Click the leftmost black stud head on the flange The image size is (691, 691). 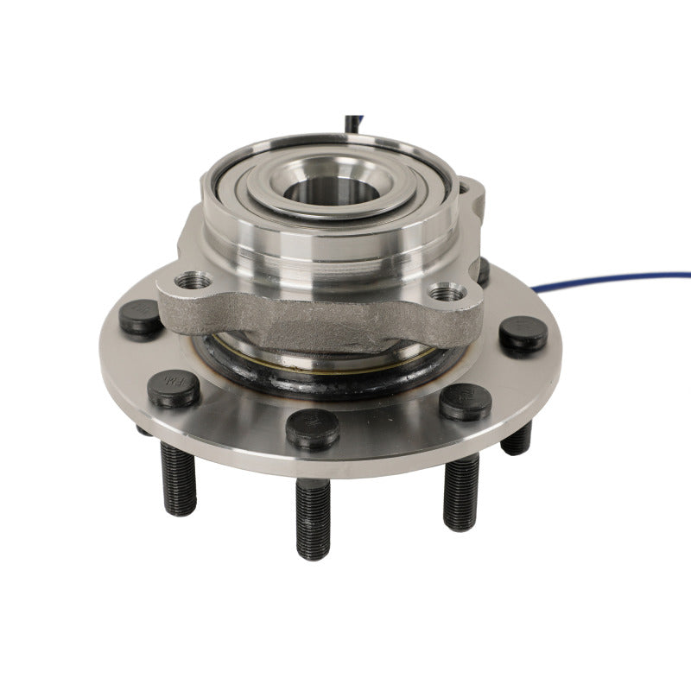[139, 317]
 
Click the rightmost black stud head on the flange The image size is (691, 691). [523, 333]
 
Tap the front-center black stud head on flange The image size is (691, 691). [312, 428]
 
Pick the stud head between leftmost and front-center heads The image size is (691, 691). [174, 388]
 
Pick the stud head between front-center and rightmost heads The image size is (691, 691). [465, 401]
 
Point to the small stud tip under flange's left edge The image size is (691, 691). [143, 429]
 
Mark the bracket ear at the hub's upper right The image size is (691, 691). [471, 194]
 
